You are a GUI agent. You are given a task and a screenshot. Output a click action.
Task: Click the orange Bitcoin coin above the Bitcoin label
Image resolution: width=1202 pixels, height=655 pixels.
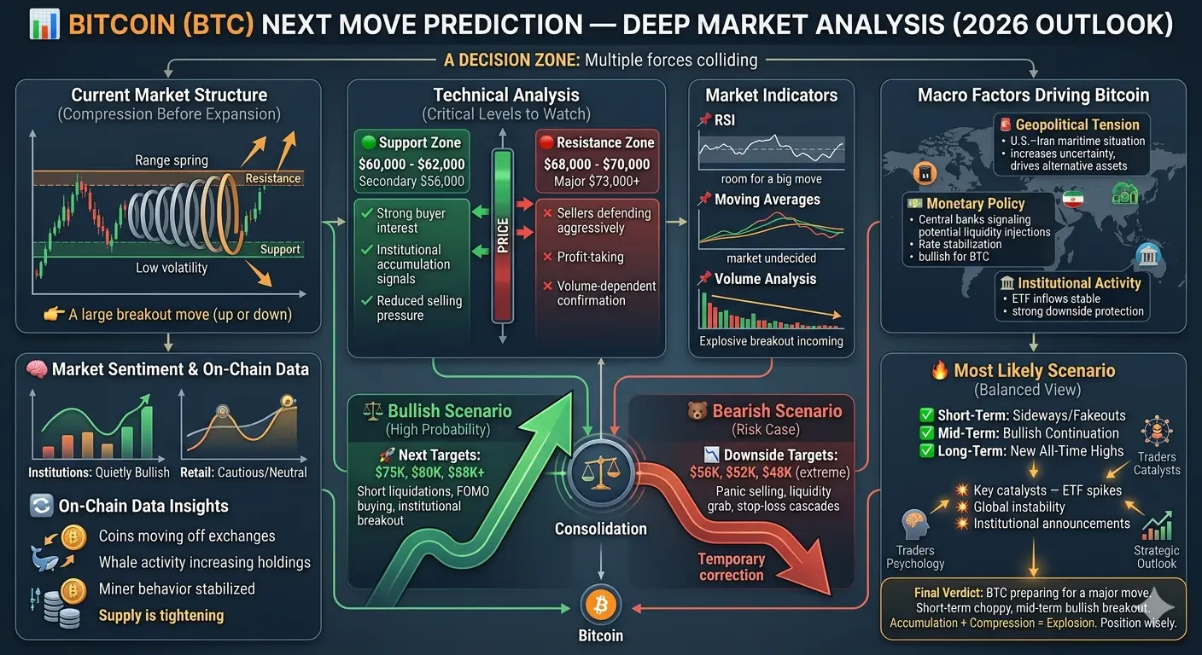[600, 605]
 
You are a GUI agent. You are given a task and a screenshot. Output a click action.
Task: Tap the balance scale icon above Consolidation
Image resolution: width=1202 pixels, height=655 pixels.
[600, 472]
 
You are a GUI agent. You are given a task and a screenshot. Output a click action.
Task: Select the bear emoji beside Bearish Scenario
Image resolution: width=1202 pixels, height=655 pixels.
[697, 411]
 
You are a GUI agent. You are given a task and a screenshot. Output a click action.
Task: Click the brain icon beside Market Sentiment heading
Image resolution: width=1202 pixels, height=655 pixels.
[37, 369]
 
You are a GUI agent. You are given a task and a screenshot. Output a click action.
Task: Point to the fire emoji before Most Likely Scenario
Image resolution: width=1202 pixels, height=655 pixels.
[939, 370]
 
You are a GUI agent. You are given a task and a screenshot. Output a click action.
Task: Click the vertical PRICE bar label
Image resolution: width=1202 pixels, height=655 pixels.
[502, 236]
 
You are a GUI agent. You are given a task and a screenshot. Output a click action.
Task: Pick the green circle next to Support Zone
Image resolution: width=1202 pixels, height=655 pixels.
[369, 142]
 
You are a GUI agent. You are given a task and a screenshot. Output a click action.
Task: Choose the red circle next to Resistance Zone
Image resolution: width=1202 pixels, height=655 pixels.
[546, 142]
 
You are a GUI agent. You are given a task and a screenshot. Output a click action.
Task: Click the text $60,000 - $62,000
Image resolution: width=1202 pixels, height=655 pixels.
[411, 164]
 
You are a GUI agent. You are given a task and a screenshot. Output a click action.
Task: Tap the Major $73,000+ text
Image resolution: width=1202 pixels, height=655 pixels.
[597, 181]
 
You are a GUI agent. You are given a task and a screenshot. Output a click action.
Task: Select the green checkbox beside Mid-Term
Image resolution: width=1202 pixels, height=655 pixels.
[927, 433]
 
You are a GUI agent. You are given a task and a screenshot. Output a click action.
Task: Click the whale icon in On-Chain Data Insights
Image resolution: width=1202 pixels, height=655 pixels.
[44, 559]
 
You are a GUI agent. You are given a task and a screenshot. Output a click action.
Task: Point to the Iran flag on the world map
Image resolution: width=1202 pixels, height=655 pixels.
[1073, 199]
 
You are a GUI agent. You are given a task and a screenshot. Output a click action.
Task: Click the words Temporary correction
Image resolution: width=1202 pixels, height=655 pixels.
[731, 567]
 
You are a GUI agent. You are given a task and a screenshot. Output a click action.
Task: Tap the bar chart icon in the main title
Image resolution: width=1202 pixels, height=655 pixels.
[44, 25]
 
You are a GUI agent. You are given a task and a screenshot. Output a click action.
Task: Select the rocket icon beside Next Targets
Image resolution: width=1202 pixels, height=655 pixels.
[387, 455]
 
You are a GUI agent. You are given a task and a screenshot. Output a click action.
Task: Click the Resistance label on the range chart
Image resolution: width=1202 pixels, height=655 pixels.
[272, 178]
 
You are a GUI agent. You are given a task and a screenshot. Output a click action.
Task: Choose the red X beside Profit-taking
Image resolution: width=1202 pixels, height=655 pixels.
[547, 257]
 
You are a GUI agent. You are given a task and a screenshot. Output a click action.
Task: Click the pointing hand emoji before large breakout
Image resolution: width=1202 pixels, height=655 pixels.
[54, 314]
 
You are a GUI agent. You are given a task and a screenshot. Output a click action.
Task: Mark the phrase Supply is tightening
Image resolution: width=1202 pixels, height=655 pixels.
[161, 615]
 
